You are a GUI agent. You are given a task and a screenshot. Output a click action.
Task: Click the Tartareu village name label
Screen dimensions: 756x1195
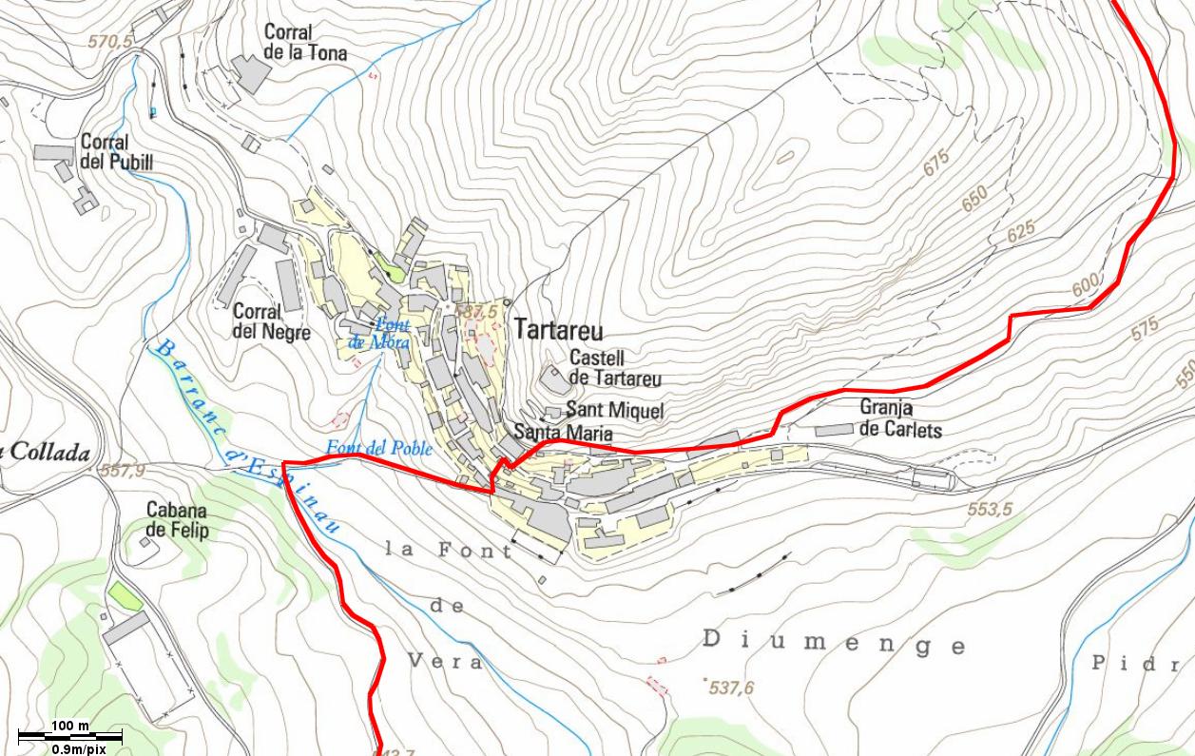(x=558, y=330)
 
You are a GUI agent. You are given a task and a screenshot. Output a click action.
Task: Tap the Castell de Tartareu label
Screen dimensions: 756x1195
(x=614, y=368)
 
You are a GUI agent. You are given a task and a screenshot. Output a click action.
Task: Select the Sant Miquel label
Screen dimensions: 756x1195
(x=614, y=411)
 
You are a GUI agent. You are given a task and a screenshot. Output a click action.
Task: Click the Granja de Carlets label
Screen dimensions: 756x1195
(x=900, y=418)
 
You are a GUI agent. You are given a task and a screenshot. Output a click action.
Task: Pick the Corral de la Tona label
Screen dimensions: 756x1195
(x=304, y=43)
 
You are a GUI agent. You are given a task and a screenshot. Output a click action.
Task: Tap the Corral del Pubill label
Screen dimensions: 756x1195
(x=116, y=152)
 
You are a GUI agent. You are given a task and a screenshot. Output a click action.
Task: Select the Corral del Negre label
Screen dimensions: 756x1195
(x=271, y=321)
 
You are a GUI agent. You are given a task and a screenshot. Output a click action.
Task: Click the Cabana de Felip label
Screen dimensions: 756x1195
(x=176, y=520)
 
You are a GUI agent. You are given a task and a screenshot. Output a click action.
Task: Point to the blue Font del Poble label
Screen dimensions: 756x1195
(x=378, y=448)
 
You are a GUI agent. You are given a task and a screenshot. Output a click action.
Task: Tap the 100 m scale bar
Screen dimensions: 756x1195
(x=70, y=735)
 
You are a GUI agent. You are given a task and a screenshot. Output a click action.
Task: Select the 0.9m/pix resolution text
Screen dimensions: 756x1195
(x=79, y=748)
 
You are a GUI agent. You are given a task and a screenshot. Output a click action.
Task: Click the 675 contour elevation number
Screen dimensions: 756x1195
(x=936, y=163)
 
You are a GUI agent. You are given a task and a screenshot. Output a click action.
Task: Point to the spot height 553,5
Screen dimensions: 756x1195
(x=989, y=510)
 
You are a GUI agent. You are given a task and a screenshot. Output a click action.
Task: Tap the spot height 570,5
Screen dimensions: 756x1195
(x=110, y=42)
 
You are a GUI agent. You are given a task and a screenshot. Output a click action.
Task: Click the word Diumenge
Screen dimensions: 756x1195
(x=834, y=643)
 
